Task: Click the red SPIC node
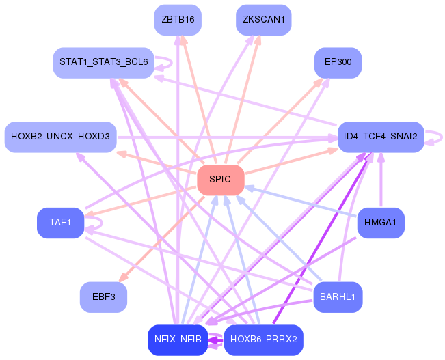click(x=220, y=180)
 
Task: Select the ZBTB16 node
click(x=178, y=20)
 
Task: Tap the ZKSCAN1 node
click(x=263, y=20)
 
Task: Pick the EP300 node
click(x=338, y=63)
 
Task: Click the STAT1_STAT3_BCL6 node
click(x=103, y=63)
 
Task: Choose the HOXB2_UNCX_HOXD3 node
click(x=60, y=137)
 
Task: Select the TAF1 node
click(x=60, y=223)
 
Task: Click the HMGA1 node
click(x=381, y=223)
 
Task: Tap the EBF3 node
click(x=103, y=297)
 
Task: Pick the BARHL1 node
click(x=338, y=297)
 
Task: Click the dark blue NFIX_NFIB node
click(x=178, y=340)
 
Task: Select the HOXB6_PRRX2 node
click(x=263, y=340)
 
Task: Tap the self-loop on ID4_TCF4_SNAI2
click(x=437, y=137)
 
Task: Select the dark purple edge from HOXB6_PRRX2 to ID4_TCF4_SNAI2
click(x=321, y=239)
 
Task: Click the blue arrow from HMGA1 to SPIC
click(x=301, y=202)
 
